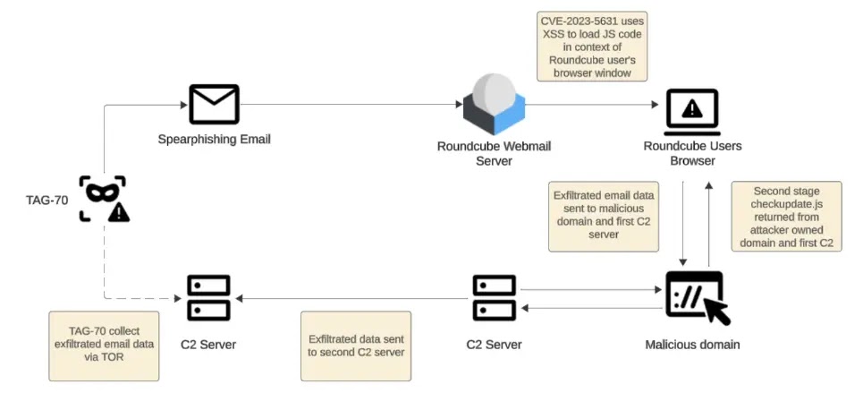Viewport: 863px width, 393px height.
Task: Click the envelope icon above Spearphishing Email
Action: pyautogui.click(x=214, y=104)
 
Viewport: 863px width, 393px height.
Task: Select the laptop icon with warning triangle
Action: pyautogui.click(x=692, y=110)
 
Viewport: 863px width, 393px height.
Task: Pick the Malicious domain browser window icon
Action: pyautogui.click(x=697, y=296)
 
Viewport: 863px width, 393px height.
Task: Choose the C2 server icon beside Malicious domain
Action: pyautogui.click(x=494, y=297)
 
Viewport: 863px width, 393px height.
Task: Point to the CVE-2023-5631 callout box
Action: pyautogui.click(x=592, y=46)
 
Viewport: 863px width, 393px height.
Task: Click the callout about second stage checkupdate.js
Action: pyautogui.click(x=786, y=218)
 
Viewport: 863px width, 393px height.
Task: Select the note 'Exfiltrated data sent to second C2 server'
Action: pyautogui.click(x=356, y=346)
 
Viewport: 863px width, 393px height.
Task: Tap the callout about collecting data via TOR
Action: pyautogui.click(x=105, y=345)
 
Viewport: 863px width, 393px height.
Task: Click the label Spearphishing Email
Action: pyautogui.click(x=214, y=139)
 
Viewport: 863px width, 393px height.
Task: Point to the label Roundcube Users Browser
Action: pyautogui.click(x=692, y=153)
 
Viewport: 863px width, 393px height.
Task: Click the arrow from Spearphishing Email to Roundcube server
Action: pyautogui.click(x=349, y=105)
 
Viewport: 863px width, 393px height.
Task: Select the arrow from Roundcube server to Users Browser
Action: pyautogui.click(x=590, y=105)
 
